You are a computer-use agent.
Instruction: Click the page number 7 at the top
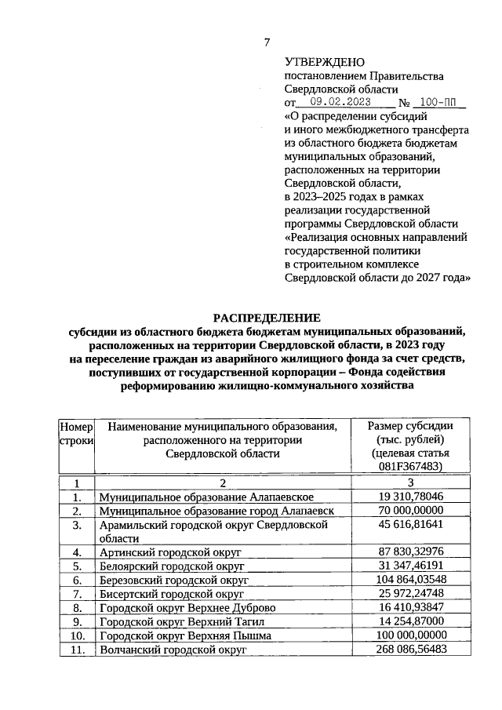267,42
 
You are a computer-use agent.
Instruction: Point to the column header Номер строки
76,433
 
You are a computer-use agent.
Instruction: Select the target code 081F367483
410,467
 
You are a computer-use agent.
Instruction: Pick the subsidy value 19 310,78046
410,497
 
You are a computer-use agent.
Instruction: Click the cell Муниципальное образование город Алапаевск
216,511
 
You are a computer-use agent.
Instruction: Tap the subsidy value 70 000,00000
410,511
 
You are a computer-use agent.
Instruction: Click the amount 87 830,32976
410,552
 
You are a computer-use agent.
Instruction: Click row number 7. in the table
76,593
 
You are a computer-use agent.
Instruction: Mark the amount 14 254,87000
410,621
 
